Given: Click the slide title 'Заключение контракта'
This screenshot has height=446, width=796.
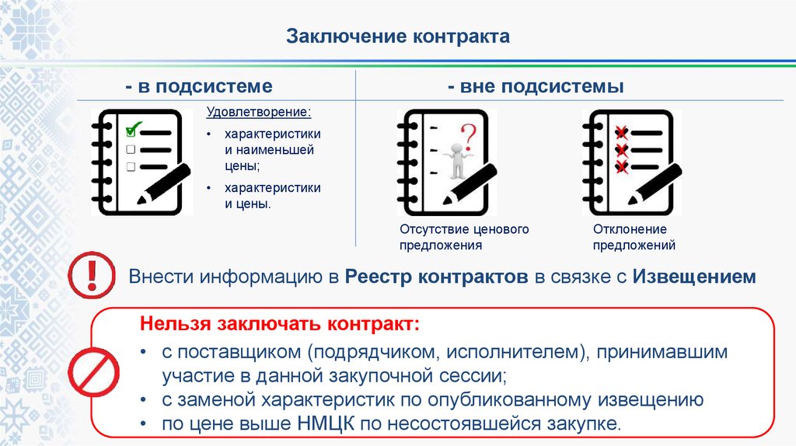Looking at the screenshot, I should (399, 36).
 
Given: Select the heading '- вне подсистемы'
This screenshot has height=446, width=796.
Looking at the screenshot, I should (536, 86).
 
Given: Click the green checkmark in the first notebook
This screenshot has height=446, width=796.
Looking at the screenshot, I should (133, 127).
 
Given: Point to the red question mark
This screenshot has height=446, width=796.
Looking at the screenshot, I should (466, 135).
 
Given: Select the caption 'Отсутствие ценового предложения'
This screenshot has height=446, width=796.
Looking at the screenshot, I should (464, 237).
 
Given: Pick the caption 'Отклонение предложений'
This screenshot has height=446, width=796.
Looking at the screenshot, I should (634, 237).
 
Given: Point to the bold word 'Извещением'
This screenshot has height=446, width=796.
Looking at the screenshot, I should (694, 277).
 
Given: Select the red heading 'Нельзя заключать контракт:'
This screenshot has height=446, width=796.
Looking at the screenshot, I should (279, 322).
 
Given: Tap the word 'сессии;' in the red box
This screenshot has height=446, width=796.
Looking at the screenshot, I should (479, 377).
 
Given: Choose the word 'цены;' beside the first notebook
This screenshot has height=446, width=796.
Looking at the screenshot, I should (243, 166).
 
